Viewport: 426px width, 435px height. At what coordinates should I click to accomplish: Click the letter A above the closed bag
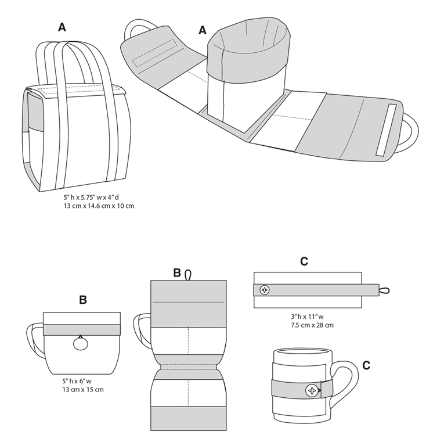click(x=62, y=27)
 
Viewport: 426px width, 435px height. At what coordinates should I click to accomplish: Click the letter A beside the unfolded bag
click(x=203, y=30)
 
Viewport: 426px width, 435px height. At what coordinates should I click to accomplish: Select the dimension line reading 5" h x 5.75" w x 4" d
click(x=95, y=197)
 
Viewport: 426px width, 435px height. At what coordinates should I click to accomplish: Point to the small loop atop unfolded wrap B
click(x=188, y=275)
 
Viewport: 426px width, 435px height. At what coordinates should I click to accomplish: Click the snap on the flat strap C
click(x=265, y=290)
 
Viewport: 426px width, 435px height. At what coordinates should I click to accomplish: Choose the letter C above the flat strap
click(x=304, y=262)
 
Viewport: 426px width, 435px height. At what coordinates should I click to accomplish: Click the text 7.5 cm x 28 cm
click(x=312, y=325)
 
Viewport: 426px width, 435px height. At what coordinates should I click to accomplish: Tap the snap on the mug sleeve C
click(x=313, y=390)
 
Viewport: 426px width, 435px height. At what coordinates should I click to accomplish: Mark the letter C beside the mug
click(x=366, y=365)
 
